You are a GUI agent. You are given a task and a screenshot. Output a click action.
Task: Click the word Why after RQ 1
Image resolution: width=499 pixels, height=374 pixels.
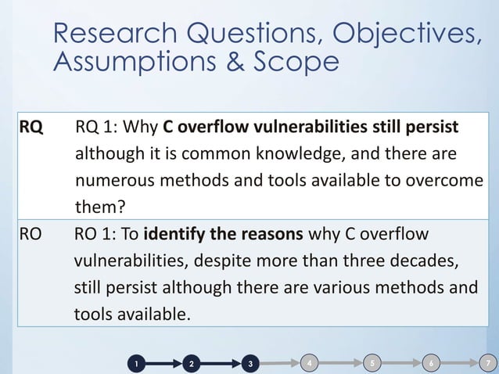[x=142, y=127]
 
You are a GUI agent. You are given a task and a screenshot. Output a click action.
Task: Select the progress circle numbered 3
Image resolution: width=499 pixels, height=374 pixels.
[x=249, y=364]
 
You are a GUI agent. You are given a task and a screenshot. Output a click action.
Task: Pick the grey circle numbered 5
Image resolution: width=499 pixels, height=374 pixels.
[x=372, y=363]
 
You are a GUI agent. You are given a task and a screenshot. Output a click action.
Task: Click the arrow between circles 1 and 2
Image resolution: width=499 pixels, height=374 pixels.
[x=163, y=364]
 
